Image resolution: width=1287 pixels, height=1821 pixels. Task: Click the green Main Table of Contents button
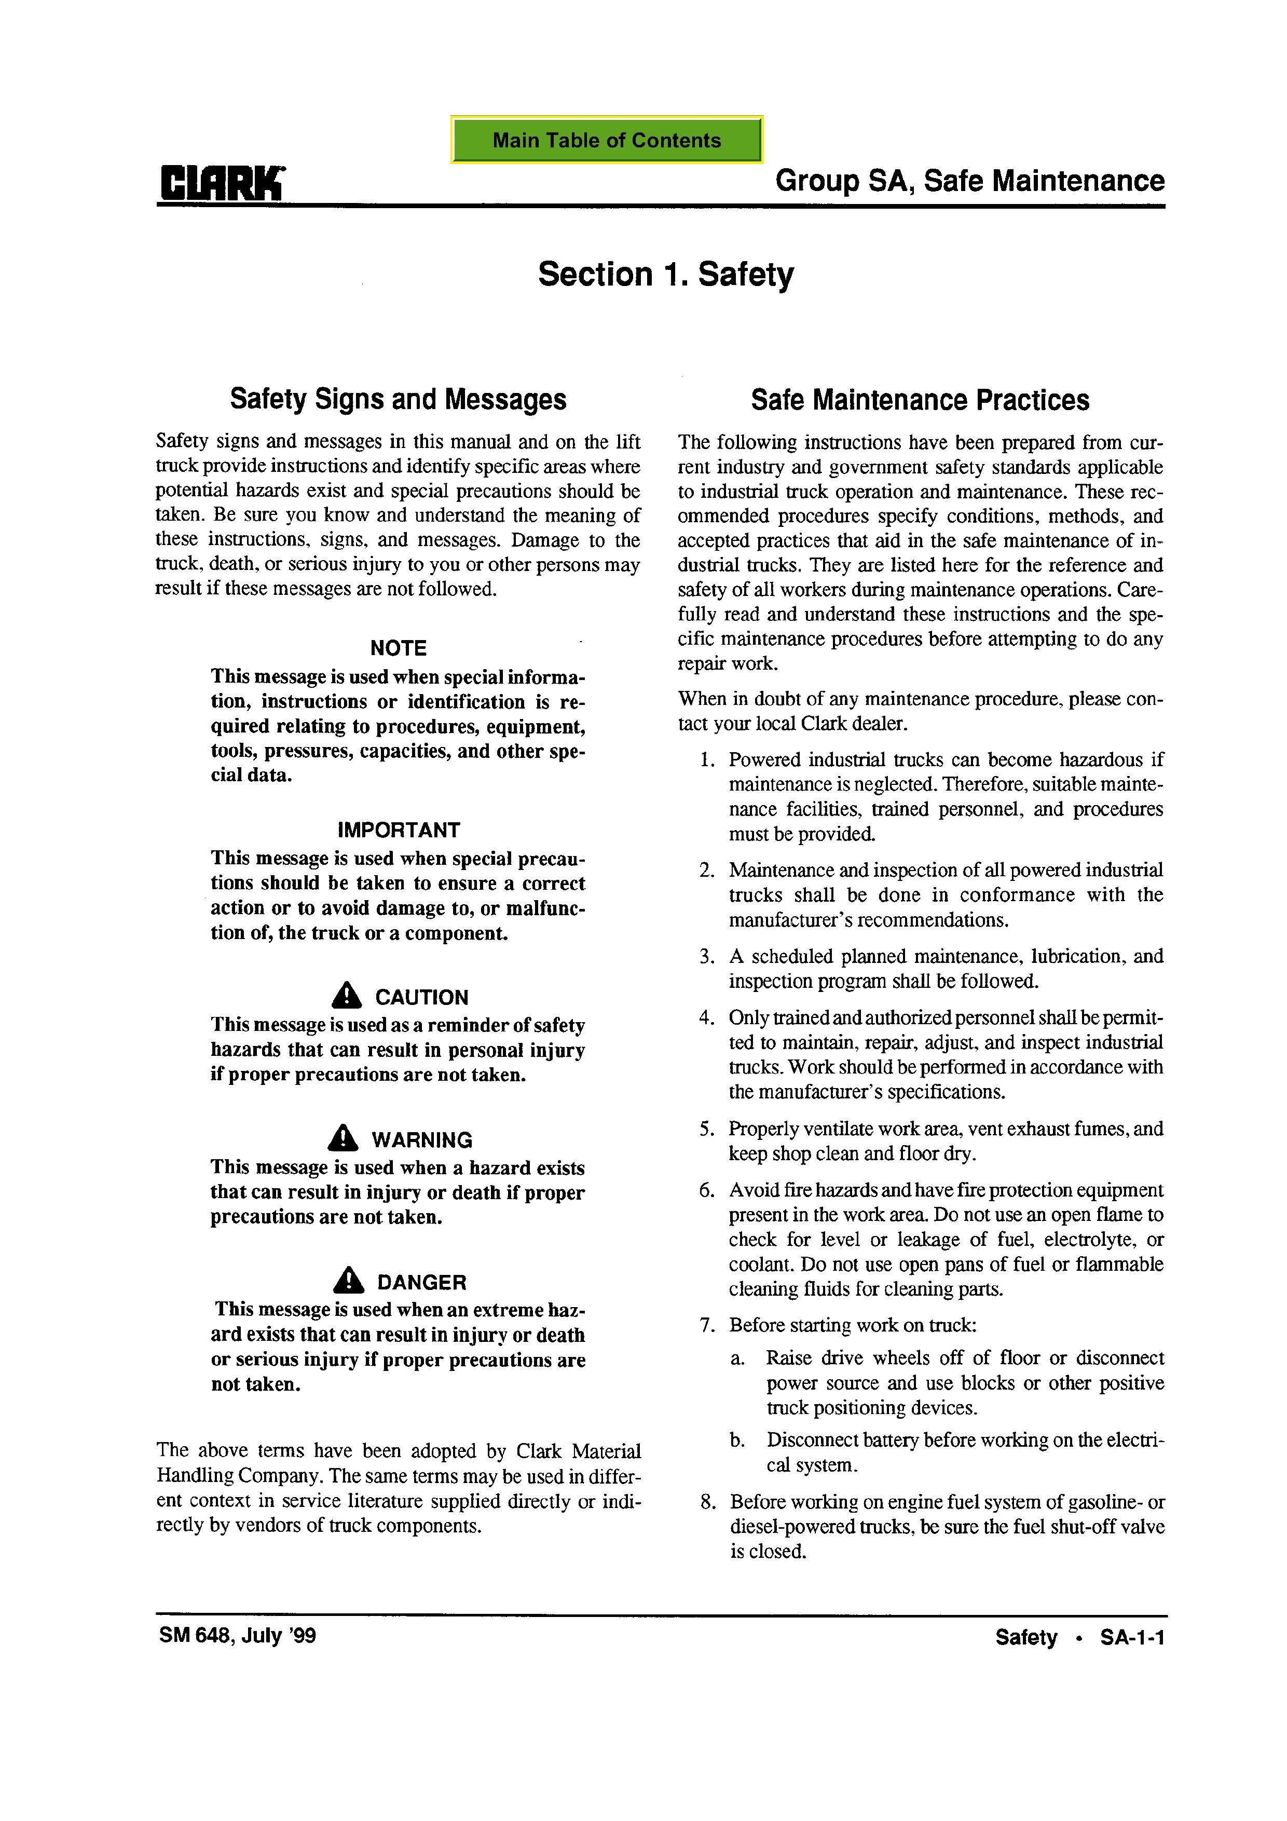click(607, 140)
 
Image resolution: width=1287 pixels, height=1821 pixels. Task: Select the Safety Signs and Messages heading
click(398, 399)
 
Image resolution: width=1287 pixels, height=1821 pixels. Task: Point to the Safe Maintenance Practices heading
click(920, 400)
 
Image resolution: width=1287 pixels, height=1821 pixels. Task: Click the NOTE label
click(398, 648)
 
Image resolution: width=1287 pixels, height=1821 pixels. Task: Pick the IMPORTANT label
click(398, 830)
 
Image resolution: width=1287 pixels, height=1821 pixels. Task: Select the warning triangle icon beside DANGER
click(348, 1280)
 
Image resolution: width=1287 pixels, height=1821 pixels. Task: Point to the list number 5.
click(706, 1129)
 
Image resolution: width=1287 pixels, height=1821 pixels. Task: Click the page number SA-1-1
click(1132, 1638)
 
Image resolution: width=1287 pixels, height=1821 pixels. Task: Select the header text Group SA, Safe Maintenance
click(970, 181)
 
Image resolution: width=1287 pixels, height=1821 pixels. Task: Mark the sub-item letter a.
click(737, 1358)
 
